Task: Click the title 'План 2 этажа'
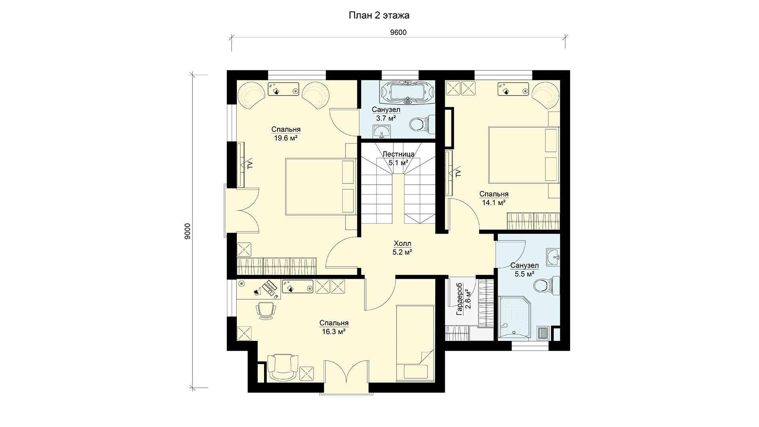(x=379, y=15)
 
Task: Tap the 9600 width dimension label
(x=398, y=33)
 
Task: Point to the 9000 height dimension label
(x=188, y=231)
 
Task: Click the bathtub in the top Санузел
(x=407, y=93)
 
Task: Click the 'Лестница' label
(x=398, y=154)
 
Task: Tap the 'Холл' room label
(x=402, y=244)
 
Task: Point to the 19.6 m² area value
(x=286, y=138)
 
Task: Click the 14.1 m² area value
(x=494, y=203)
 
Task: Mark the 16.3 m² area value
(x=334, y=332)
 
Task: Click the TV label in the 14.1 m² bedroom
(x=458, y=173)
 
